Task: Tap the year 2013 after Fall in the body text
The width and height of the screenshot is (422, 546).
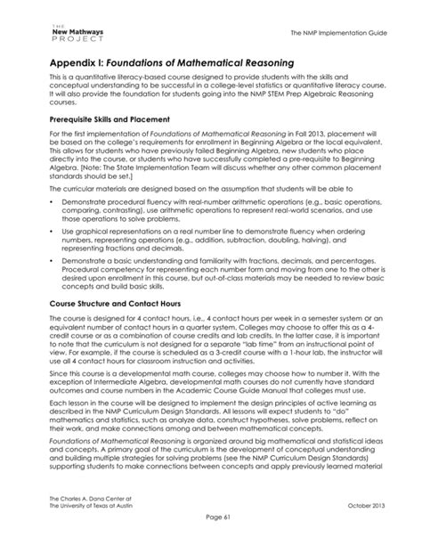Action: pyautogui.click(x=280, y=134)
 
